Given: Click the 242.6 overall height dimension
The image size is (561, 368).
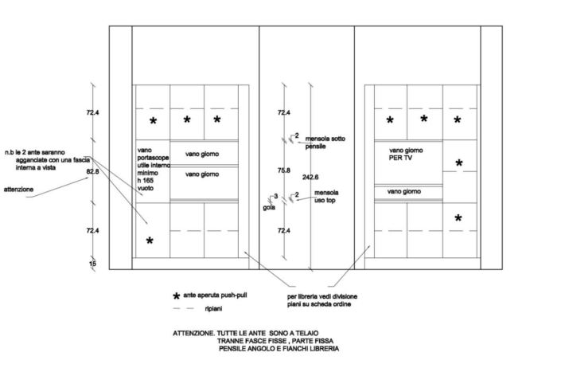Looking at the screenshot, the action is [310, 177].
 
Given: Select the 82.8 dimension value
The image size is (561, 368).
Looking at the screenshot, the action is [92, 171].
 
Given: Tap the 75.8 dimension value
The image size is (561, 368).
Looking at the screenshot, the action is [284, 170].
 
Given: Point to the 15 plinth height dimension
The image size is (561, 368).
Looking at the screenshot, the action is [92, 264].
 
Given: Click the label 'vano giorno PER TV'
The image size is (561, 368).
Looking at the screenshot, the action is [406, 154].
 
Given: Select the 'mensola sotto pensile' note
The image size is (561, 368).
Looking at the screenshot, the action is [325, 143].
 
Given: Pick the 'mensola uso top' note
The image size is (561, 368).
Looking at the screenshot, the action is [326, 197].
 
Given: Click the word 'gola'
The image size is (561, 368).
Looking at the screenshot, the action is [269, 207].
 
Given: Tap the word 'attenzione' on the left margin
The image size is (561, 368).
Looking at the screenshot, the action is [18, 190].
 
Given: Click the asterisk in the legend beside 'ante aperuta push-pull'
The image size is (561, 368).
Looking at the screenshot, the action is [177, 296].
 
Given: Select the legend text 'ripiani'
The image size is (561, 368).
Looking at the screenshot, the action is [213, 308].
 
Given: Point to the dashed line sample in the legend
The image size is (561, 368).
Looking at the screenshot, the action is [184, 308].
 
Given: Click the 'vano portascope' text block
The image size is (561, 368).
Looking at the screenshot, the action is [154, 169].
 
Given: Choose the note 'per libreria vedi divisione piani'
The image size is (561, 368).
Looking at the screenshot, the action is [322, 300].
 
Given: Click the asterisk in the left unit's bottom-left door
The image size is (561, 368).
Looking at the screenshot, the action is [150, 241].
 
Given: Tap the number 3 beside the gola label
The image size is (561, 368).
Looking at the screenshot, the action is [275, 196].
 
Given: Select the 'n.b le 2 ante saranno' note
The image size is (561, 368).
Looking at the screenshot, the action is [47, 159].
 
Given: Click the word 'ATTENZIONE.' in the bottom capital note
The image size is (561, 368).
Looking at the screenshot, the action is [194, 333].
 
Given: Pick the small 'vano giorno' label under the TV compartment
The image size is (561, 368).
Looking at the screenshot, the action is [404, 191].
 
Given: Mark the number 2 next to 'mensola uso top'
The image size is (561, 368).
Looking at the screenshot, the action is [297, 194].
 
